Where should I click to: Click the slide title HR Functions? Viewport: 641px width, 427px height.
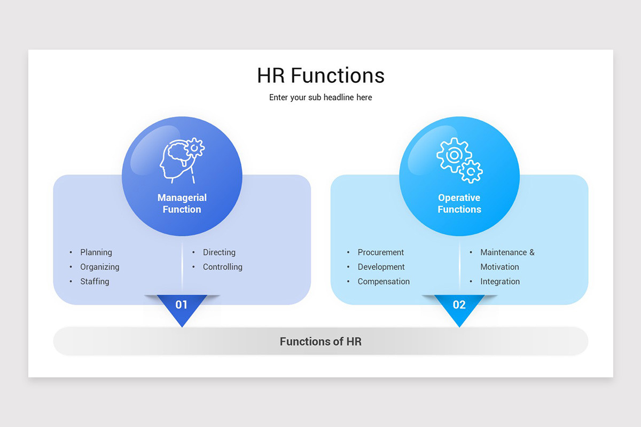[x=320, y=76]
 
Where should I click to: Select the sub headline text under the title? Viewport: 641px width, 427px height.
[x=320, y=98]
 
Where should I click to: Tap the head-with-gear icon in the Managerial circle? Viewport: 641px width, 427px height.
[x=181, y=159]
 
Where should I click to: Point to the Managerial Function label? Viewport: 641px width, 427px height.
[x=182, y=203]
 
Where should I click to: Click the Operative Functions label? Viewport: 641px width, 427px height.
[x=459, y=203]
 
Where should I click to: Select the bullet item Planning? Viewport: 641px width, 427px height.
[x=96, y=252]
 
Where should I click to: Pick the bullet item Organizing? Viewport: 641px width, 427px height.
[x=100, y=267]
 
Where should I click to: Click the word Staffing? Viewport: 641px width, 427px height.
[x=95, y=281]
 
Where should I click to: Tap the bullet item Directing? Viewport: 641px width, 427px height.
[x=219, y=252]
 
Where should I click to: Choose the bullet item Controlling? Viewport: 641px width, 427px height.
[x=223, y=267]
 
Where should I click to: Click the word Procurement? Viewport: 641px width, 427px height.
[x=381, y=252]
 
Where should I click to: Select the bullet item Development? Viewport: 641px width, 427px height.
[x=381, y=267]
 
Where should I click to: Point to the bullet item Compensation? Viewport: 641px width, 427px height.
[x=384, y=281]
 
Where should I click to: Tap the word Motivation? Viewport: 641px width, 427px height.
[x=499, y=267]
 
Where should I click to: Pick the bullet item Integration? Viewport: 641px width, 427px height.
[x=500, y=281]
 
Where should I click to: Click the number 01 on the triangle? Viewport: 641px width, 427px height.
[x=182, y=305]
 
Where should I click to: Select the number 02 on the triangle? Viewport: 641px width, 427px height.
[x=459, y=305]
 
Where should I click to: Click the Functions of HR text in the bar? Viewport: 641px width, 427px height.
[x=320, y=342]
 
